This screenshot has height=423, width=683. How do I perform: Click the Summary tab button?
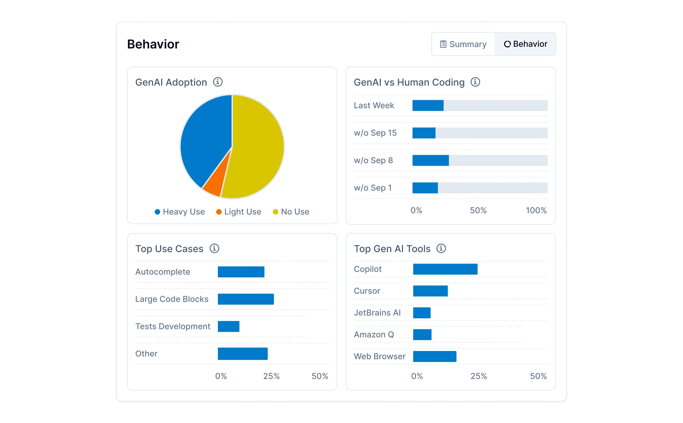coord(463,44)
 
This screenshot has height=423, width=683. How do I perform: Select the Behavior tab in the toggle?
coord(526,44)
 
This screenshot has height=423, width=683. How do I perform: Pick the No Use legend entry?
coord(291,212)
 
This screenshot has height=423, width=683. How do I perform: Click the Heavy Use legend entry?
coord(180,212)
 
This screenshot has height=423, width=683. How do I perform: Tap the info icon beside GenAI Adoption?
coord(218,82)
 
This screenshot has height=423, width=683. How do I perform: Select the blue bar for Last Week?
coord(428,105)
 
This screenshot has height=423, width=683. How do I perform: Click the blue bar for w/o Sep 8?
coord(430,160)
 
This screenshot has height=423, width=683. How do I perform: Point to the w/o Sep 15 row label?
coord(375,133)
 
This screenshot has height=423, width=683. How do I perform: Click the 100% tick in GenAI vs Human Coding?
coord(536,210)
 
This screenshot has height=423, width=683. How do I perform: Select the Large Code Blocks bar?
coord(246,299)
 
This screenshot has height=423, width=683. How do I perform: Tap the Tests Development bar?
coord(228,326)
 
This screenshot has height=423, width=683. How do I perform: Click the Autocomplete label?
coord(163,272)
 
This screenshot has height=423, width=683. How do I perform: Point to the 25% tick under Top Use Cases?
coord(271,376)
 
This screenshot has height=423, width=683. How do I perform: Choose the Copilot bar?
coord(445,269)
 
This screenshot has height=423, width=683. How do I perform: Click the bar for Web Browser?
coord(434,356)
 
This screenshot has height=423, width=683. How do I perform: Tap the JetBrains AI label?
coord(377,313)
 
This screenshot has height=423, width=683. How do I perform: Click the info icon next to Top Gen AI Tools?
coord(441,248)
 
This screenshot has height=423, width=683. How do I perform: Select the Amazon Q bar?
coord(422,335)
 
